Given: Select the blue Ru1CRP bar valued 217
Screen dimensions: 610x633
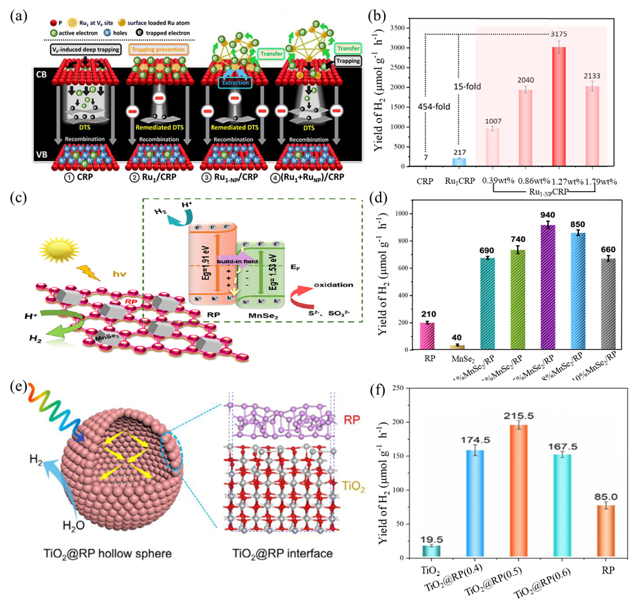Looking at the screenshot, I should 459,162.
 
